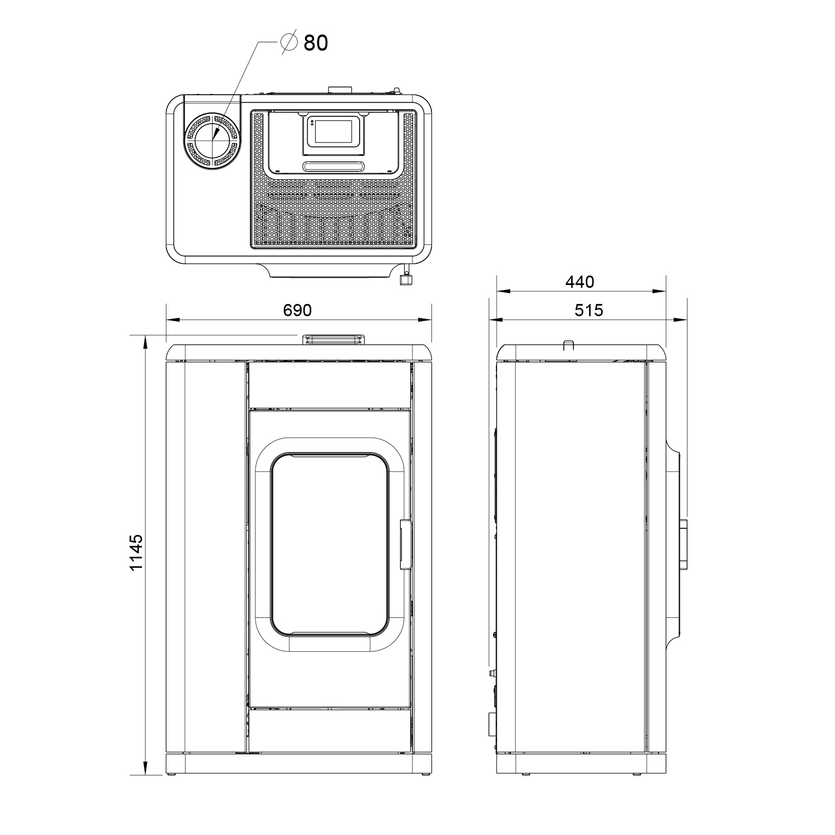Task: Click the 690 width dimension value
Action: click(297, 310)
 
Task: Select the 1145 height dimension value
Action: click(136, 552)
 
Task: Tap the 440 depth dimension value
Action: click(580, 282)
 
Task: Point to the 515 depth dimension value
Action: click(588, 310)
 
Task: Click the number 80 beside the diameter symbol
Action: click(316, 43)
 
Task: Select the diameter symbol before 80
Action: click(289, 42)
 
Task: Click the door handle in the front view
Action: click(405, 545)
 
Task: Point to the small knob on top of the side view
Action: click(568, 346)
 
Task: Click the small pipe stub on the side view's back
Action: click(492, 674)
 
